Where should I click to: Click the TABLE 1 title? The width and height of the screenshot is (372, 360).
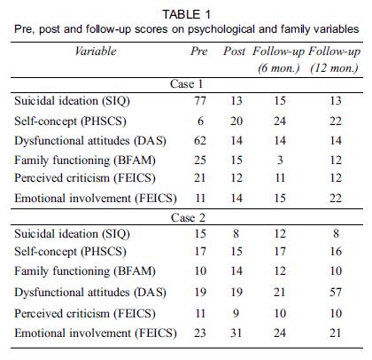(187, 14)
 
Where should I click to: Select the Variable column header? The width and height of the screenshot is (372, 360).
(96, 51)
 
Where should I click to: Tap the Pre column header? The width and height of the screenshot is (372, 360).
(199, 51)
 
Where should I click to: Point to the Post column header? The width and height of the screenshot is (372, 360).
(235, 51)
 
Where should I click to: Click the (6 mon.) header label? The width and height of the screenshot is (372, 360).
(279, 68)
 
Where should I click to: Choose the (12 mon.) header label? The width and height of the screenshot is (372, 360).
(334, 68)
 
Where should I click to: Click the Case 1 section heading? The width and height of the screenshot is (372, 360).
(187, 84)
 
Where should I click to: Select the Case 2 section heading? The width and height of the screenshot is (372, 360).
(188, 218)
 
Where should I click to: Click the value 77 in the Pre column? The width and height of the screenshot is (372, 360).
(200, 101)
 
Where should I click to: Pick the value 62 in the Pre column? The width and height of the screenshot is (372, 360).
(200, 140)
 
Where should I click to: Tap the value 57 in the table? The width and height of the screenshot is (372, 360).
(336, 292)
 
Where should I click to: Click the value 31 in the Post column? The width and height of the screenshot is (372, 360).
(236, 333)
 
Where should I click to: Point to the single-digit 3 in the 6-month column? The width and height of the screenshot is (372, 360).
(280, 160)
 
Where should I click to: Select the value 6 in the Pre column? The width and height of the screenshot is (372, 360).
(200, 121)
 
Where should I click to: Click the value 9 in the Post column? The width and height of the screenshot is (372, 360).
(236, 313)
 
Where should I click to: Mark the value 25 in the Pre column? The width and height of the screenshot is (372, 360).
(200, 160)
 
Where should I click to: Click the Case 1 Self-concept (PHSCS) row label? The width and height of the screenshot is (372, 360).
(70, 121)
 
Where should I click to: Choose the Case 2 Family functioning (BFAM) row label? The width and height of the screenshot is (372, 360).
(85, 271)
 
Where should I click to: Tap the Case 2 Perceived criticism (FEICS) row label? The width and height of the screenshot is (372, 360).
(85, 314)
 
